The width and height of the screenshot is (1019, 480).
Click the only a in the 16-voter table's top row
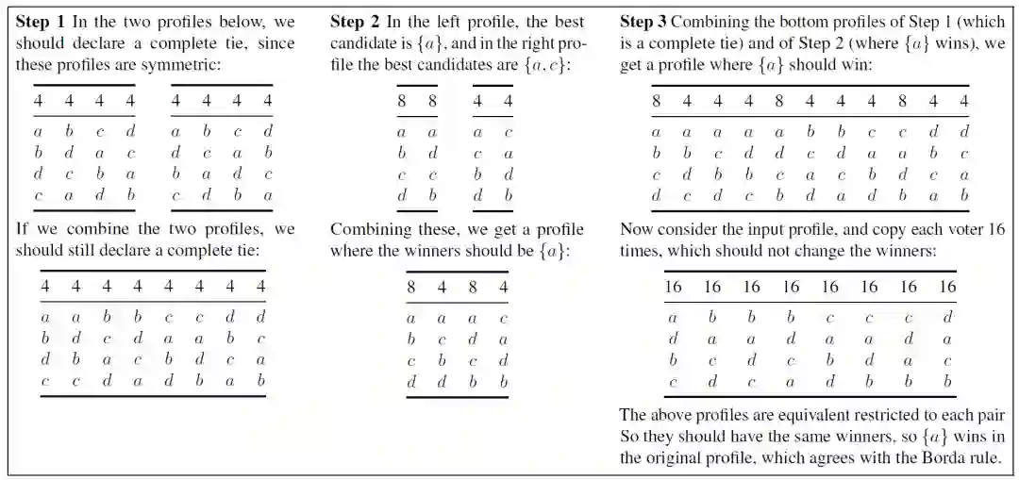pos(673,317)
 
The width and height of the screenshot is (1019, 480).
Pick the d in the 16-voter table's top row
pos(947,317)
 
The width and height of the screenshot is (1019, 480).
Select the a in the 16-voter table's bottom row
pos(791,382)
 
